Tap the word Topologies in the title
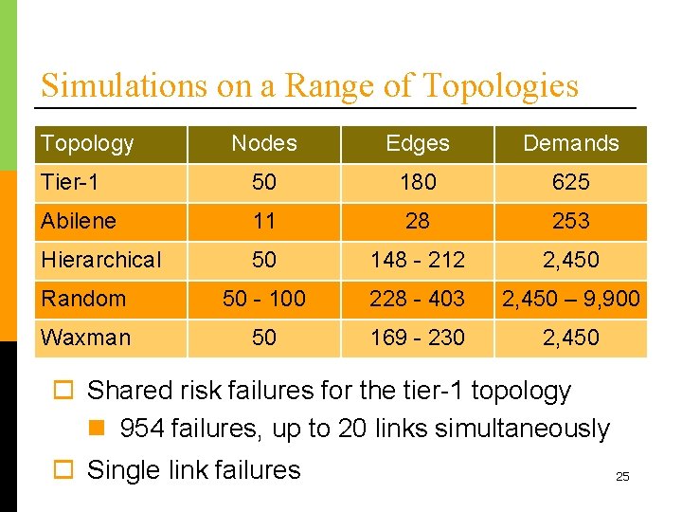[x=499, y=85]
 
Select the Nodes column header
[x=264, y=143]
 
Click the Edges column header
[x=418, y=143]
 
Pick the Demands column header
[x=570, y=143]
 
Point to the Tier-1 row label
[x=71, y=181]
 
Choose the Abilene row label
[x=79, y=221]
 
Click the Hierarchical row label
[x=101, y=259]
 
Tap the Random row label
[x=83, y=299]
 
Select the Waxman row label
[x=86, y=338]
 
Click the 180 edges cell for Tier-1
[x=418, y=181]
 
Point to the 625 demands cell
[x=570, y=181]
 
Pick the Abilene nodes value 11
[x=264, y=221]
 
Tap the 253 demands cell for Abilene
[x=570, y=221]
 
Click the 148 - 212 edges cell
[x=418, y=259]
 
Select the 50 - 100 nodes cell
[x=264, y=299]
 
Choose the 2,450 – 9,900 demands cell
[x=570, y=299]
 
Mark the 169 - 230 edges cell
[x=418, y=338]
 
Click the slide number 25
[x=622, y=476]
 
